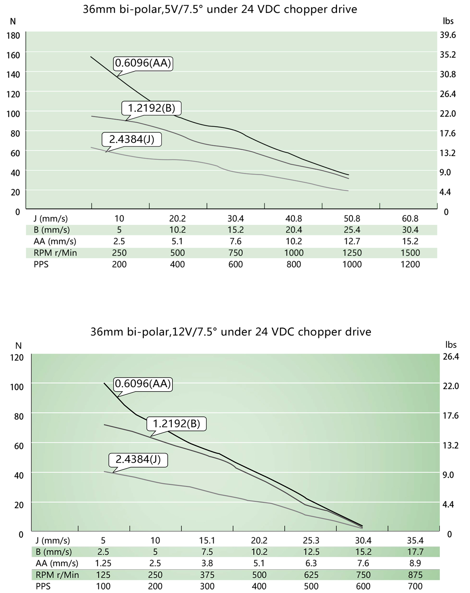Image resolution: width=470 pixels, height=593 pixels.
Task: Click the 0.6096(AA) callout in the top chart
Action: pos(143,63)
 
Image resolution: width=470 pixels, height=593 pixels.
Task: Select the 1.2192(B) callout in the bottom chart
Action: pos(176,424)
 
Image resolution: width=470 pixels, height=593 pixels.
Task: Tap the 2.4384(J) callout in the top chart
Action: pos(132,139)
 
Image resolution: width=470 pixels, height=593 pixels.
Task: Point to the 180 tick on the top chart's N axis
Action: pos(13,36)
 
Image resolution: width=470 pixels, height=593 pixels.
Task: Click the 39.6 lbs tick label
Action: pos(448,35)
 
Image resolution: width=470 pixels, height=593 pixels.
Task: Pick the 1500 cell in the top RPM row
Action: pos(410,253)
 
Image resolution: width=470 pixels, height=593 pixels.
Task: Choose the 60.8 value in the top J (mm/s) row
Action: pos(410,219)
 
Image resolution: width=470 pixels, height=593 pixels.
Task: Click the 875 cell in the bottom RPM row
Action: pos(415,575)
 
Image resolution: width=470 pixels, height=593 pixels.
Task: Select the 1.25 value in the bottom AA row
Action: pos(103,563)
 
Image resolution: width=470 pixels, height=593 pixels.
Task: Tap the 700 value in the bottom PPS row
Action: pos(415,586)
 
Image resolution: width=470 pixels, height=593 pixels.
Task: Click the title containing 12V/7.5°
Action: pos(231,332)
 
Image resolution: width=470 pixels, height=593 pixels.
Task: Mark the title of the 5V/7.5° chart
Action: pos(220,9)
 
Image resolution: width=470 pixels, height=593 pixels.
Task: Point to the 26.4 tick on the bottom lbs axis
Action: pos(451,357)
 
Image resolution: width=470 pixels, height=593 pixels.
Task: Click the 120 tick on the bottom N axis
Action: pos(17,357)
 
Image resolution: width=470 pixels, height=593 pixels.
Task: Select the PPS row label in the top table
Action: pos(41,264)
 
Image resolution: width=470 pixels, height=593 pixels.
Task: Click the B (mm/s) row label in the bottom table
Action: pos(53,552)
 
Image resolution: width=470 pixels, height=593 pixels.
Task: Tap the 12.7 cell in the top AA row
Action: pos(352,241)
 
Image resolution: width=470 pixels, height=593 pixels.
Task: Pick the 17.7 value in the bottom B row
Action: pos(415,552)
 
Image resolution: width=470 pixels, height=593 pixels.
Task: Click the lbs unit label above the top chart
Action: pos(448,21)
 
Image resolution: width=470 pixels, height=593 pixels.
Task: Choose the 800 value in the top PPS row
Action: pos(294,264)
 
